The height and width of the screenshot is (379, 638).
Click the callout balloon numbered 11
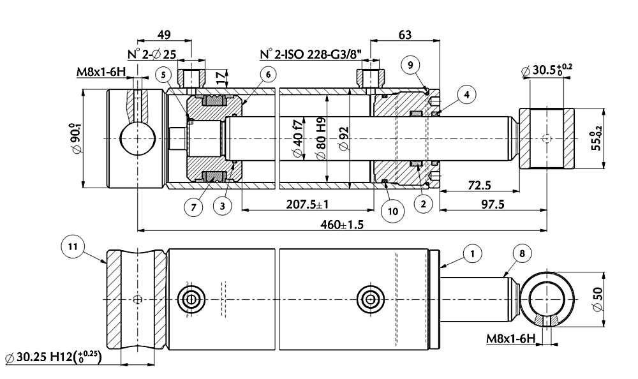pos(73,246)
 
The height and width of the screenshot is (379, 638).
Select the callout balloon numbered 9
pos(410,65)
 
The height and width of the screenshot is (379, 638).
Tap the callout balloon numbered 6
pos(268,75)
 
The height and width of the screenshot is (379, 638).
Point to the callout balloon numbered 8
pos(522,253)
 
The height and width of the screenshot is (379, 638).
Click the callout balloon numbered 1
pos(472,253)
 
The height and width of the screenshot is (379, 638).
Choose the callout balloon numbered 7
pos(193,207)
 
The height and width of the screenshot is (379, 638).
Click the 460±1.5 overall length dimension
pos(342,225)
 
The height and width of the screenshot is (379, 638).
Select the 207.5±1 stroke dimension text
pos(308,204)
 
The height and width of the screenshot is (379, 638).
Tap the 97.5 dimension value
pos(493,204)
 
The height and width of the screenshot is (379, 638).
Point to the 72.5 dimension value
pos(479,186)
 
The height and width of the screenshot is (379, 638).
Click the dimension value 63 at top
pos(405,34)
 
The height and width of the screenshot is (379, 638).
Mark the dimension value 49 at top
pos(163,34)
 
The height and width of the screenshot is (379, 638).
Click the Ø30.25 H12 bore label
pos(53,357)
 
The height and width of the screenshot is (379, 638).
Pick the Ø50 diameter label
pos(598,299)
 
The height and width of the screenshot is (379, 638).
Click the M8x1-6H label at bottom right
pos(510,339)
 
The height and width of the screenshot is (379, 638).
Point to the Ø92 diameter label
pos(345,138)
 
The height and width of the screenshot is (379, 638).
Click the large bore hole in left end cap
pos(138,139)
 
